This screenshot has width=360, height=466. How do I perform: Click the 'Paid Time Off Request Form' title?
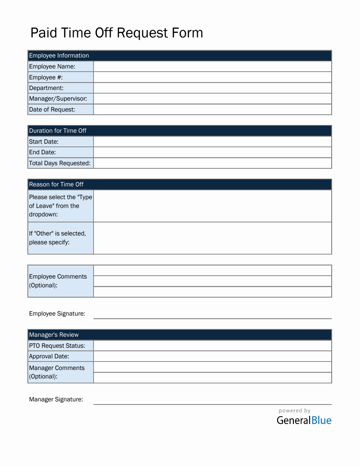(x=116, y=33)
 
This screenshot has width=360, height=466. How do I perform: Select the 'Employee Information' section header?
(x=59, y=55)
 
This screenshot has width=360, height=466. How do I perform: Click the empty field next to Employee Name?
(x=212, y=66)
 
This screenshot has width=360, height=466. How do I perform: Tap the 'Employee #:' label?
(x=46, y=77)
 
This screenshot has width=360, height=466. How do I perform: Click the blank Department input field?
(x=212, y=88)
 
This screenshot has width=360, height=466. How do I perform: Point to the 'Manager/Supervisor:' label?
(x=58, y=98)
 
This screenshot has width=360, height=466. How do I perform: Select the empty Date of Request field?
(x=212, y=109)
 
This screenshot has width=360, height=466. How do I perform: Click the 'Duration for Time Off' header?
(x=58, y=131)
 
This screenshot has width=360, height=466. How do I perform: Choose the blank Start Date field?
(x=212, y=142)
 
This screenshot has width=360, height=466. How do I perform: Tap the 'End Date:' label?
(x=42, y=152)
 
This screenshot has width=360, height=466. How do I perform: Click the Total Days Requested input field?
(x=212, y=163)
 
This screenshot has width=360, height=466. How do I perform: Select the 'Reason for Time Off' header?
(x=56, y=184)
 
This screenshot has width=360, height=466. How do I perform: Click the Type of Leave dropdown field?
(x=212, y=206)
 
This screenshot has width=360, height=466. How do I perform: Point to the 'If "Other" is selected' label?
(x=58, y=238)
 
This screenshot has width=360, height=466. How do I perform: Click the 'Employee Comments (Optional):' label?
(x=58, y=281)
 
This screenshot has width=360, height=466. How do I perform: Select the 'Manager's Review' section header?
(x=54, y=335)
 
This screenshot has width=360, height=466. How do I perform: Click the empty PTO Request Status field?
(x=212, y=346)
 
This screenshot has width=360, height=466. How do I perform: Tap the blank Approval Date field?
(x=212, y=356)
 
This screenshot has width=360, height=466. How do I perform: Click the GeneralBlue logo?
(x=304, y=420)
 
